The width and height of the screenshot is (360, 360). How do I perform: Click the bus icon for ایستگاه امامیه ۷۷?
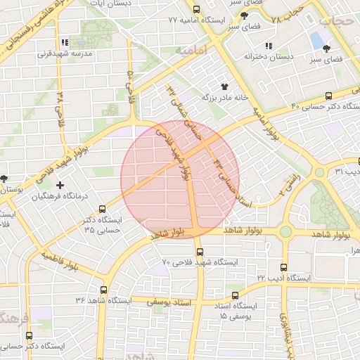click(x=196, y=10)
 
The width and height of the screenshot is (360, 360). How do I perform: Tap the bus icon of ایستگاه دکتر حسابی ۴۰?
click(x=328, y=96)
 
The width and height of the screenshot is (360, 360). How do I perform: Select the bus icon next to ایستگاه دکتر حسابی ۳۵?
click(x=103, y=209)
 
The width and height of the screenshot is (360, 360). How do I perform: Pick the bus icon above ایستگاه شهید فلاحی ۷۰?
click(x=199, y=252)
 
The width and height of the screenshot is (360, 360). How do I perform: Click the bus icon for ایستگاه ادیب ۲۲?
click(x=283, y=268)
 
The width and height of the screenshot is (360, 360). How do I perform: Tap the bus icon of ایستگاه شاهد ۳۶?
click(x=104, y=290)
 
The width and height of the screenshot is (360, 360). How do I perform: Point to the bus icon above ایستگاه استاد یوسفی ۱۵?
click(x=235, y=295)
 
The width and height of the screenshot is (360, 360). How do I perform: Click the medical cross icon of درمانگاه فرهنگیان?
click(x=59, y=186)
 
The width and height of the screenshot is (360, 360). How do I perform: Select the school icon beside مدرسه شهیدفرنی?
click(x=65, y=42)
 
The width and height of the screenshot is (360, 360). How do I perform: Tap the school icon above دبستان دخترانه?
click(x=268, y=46)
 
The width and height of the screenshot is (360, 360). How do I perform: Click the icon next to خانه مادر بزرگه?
click(x=225, y=86)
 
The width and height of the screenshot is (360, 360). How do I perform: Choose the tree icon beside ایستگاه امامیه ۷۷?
click(x=244, y=15)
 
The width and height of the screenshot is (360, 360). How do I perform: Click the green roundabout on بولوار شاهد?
click(x=285, y=231)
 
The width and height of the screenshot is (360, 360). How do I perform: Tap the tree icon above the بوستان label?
click(x=5, y=177)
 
